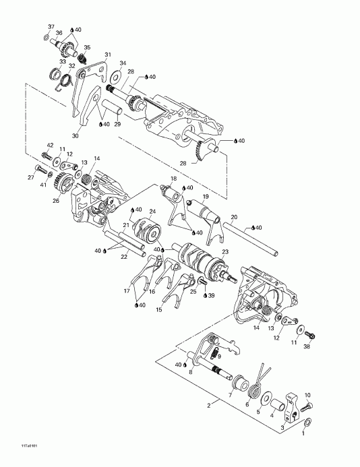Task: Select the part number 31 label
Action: point(107,55)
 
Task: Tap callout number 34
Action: point(122,63)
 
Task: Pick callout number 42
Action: point(50,146)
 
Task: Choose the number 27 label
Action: point(30,177)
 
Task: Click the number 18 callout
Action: point(173,179)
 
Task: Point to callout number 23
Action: point(216,251)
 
